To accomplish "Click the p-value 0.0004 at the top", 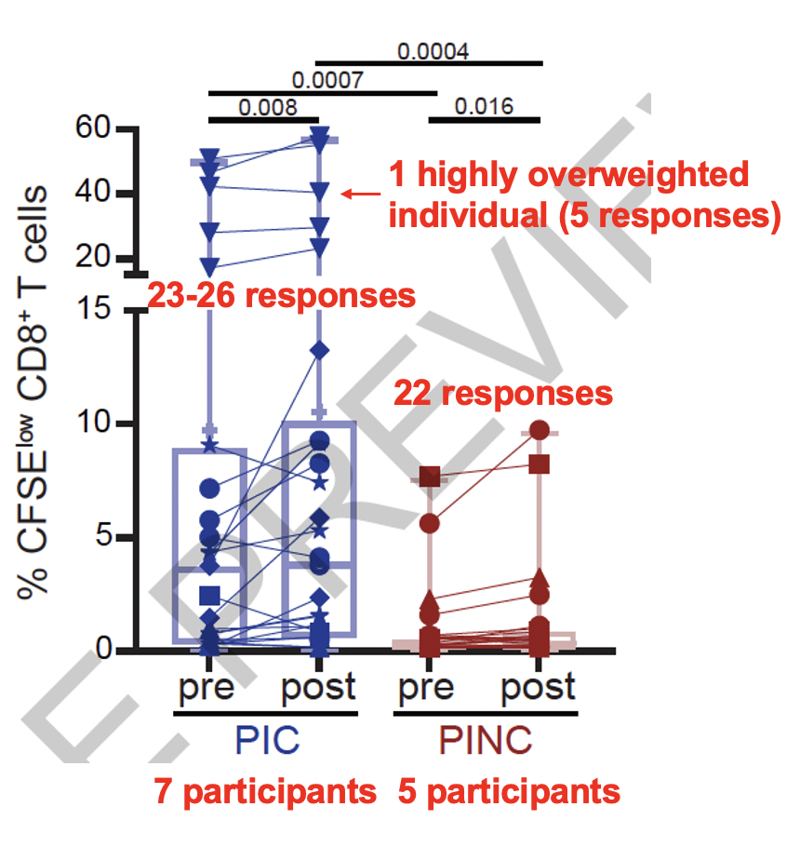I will click(433, 50).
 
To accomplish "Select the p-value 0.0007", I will click(327, 79).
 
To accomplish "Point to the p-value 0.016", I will click(484, 106).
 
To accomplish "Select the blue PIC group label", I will click(263, 740).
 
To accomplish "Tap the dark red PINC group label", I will click(485, 740).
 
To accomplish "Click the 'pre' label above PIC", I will click(208, 689).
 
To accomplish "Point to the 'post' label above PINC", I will click(538, 689).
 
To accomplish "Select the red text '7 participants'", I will click(265, 792).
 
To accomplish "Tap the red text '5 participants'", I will click(508, 792).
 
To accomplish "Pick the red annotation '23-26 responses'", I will click(281, 296).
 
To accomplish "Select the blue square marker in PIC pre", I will click(209, 595).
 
